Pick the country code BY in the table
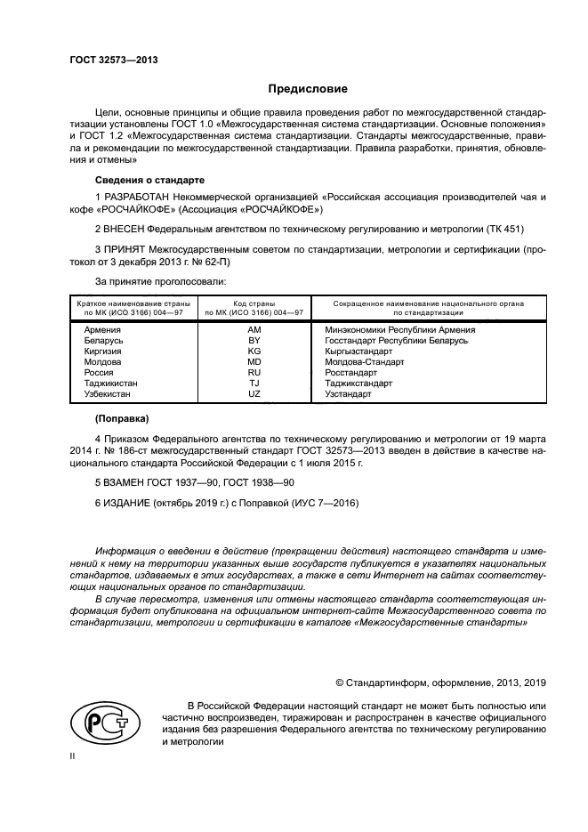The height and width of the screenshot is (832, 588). point(254,340)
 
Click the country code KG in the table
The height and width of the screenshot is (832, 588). point(254,351)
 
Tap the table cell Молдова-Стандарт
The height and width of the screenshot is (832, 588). point(364,361)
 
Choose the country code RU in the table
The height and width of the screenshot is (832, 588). point(254,372)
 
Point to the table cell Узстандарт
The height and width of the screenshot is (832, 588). point(348,393)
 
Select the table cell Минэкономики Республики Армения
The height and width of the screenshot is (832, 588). point(400,329)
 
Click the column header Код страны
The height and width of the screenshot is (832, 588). point(254,304)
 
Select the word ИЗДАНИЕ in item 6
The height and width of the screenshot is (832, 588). point(125,504)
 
